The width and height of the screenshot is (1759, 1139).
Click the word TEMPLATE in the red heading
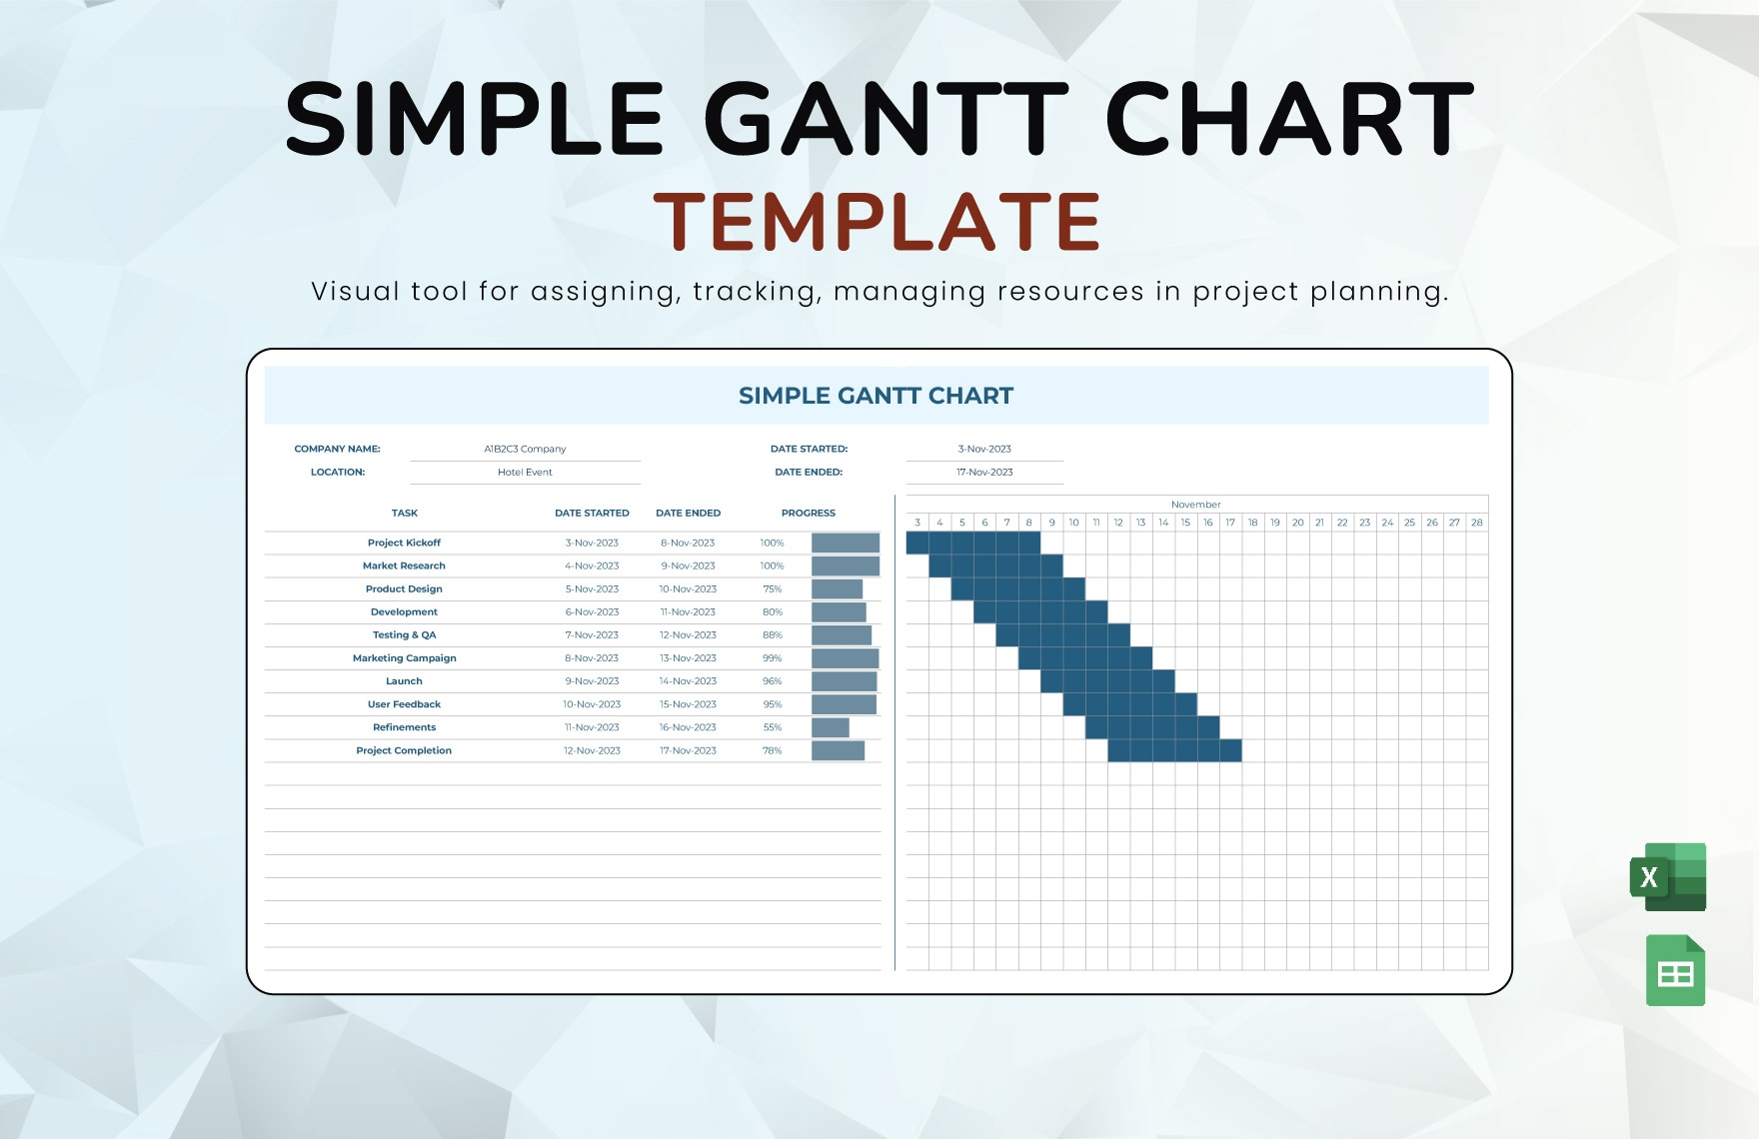click(x=877, y=222)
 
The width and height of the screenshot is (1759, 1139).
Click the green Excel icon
click(x=1668, y=877)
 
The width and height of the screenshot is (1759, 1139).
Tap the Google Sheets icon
click(x=1675, y=970)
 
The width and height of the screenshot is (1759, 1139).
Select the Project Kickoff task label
click(x=404, y=543)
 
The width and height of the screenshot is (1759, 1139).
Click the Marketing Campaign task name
click(x=404, y=658)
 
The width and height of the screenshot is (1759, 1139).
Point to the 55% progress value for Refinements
click(x=772, y=727)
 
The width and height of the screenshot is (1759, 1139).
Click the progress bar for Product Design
click(x=837, y=589)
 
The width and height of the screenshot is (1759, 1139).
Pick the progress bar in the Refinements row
click(x=831, y=727)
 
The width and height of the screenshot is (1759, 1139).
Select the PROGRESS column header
click(x=808, y=513)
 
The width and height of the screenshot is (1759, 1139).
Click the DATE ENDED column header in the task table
click(x=688, y=513)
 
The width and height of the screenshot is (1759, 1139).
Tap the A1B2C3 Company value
click(x=525, y=449)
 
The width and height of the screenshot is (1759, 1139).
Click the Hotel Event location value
click(x=525, y=472)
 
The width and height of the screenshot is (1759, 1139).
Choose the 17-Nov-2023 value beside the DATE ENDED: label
click(x=984, y=472)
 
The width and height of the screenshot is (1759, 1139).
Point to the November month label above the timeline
click(x=1195, y=505)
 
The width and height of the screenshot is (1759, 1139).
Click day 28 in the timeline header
click(x=1476, y=523)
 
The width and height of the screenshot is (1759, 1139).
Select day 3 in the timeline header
click(x=917, y=523)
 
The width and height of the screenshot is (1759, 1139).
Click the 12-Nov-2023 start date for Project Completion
click(x=592, y=750)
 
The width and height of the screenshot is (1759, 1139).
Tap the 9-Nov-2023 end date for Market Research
click(x=688, y=566)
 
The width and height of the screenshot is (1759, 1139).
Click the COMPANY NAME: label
click(x=337, y=449)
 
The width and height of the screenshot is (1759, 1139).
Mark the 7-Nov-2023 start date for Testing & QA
click(x=592, y=635)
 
